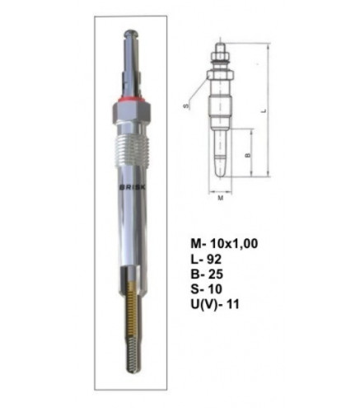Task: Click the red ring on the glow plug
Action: click(131, 99)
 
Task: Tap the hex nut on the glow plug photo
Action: click(131, 112)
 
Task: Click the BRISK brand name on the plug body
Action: click(133, 187)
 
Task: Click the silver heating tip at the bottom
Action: click(133, 354)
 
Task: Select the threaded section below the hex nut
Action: click(131, 151)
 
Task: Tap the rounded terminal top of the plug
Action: click(131, 34)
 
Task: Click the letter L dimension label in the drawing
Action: click(264, 111)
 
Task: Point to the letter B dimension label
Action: click(247, 156)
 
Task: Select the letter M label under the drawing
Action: click(221, 198)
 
